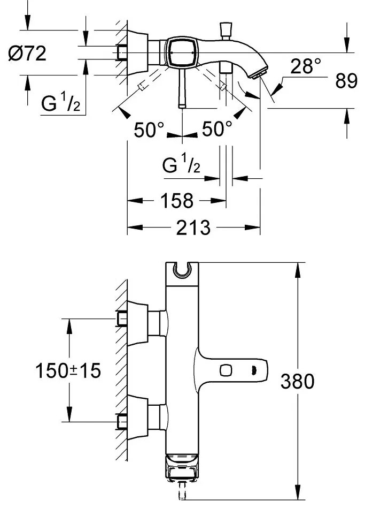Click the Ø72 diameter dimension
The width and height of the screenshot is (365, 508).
coord(27,53)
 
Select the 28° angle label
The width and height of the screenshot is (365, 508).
coord(306,66)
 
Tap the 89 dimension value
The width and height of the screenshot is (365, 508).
coord(346,81)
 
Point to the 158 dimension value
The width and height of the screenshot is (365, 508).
coord(177,201)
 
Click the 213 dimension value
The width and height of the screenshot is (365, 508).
coord(193,228)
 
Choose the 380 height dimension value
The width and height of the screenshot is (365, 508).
coord(297,381)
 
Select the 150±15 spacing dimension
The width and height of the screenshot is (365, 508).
coord(68,370)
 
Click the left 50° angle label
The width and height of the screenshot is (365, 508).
coord(149,130)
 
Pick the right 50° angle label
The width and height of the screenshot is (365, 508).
coord(217,128)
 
